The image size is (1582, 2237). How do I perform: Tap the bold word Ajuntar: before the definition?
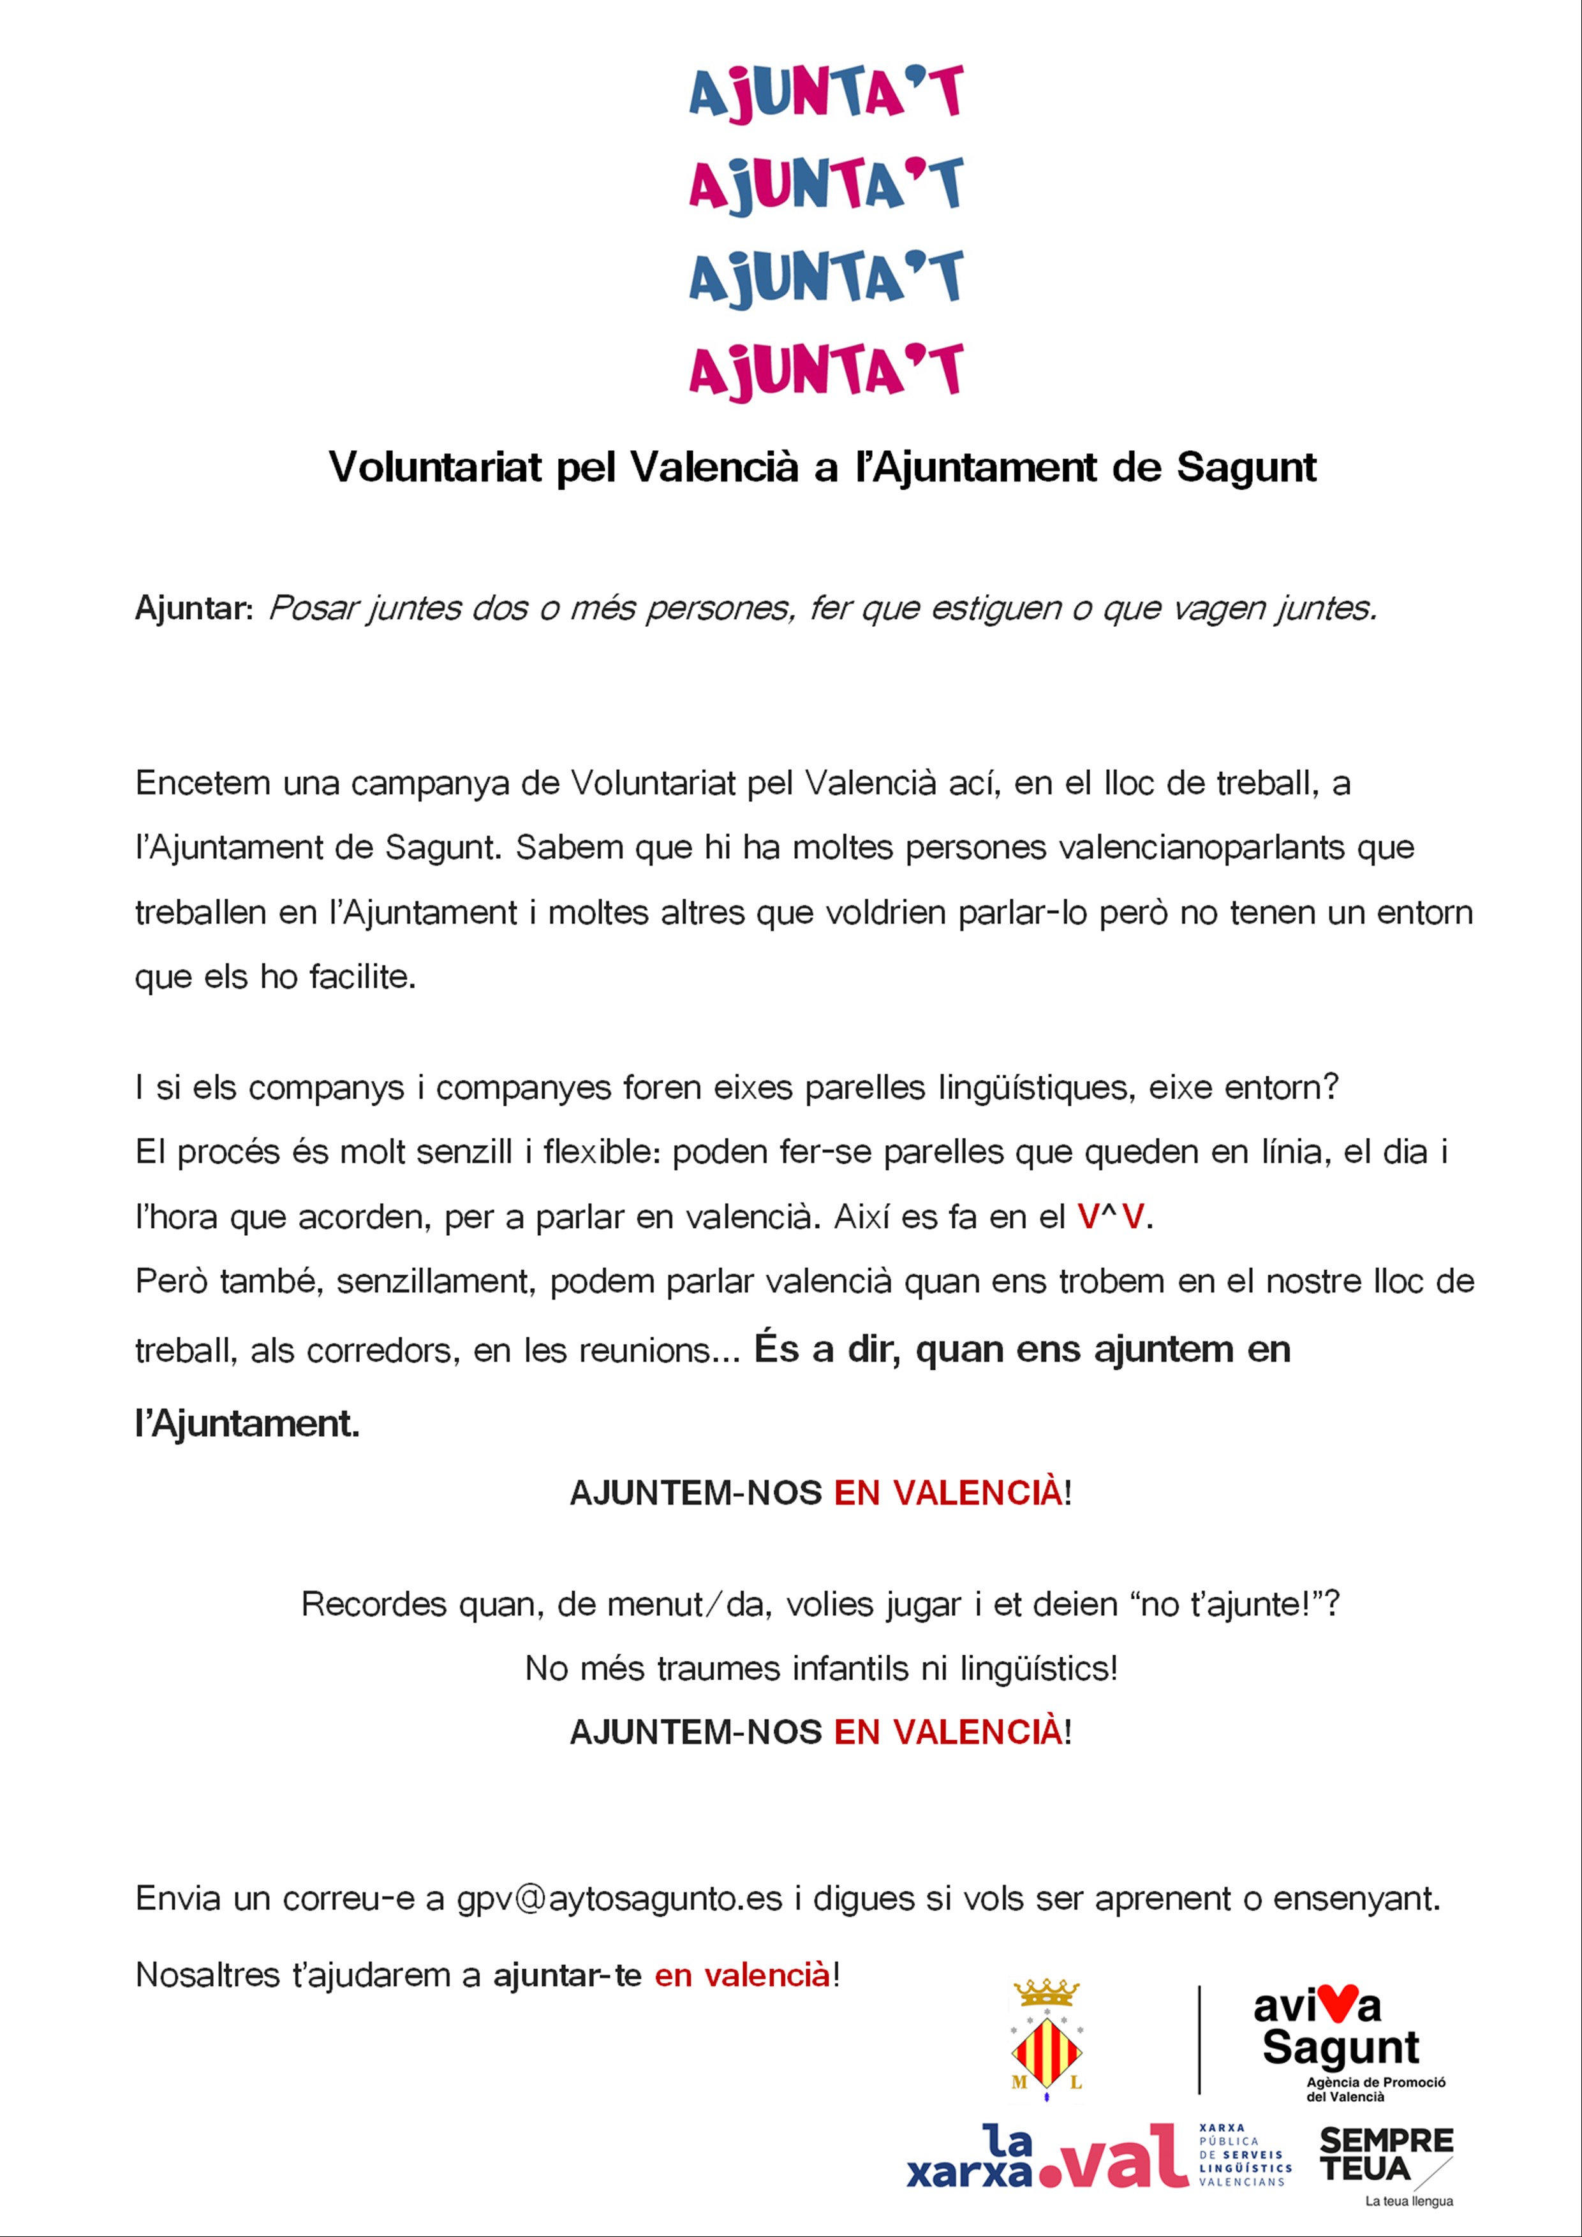[194, 609]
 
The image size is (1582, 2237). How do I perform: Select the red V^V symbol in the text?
[1111, 1217]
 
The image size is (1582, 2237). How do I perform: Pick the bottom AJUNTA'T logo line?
[825, 371]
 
